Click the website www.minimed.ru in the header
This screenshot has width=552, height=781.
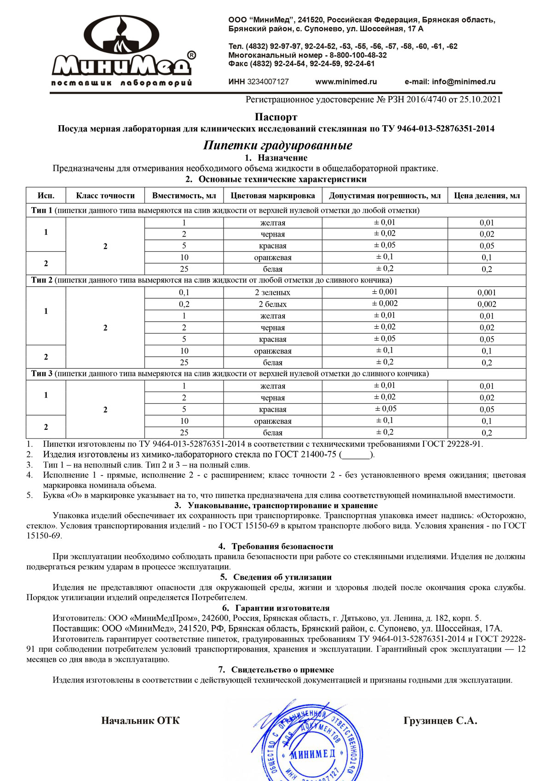tap(346, 81)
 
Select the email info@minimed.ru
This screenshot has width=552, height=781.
tap(463, 81)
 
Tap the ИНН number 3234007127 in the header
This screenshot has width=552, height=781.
tap(268, 81)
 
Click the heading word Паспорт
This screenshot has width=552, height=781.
tap(276, 117)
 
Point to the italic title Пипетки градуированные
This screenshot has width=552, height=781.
tap(278, 145)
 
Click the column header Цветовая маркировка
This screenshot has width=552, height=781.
tap(273, 196)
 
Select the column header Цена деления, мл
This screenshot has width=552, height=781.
tap(487, 196)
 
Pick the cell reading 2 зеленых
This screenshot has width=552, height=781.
tap(273, 292)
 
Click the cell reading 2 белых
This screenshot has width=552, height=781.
tap(273, 304)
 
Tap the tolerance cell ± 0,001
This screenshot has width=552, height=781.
tap(385, 292)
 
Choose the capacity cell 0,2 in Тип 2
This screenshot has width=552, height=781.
tap(184, 304)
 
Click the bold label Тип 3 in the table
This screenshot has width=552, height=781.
tap(42, 374)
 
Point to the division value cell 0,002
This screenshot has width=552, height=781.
tap(487, 304)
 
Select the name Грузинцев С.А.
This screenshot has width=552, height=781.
tap(440, 721)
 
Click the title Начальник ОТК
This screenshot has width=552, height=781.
tap(140, 721)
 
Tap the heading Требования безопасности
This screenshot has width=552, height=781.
tap(282, 546)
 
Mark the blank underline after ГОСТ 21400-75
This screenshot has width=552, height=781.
tap(356, 455)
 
